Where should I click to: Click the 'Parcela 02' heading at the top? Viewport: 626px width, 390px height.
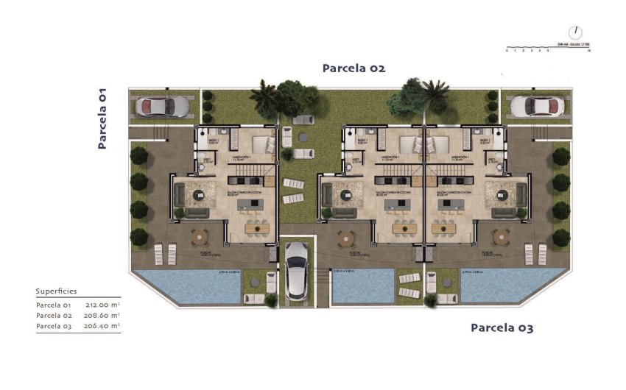354,68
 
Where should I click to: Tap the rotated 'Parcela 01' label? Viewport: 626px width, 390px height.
103,118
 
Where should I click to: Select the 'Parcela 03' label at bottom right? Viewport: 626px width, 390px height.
502,327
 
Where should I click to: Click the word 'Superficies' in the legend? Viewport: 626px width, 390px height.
56,291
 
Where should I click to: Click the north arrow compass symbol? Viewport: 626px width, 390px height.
575,33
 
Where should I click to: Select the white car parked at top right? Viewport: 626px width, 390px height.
537,106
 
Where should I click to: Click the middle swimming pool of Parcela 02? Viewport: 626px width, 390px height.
362,286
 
